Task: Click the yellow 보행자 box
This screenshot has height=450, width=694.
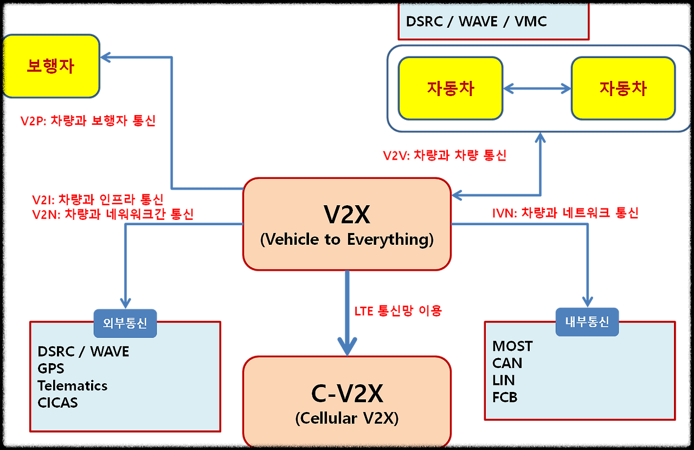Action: point(52,66)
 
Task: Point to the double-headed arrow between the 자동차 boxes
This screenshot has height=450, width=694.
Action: point(537,88)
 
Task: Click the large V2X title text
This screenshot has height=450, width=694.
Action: point(347,216)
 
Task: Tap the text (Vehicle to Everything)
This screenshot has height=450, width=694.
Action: point(347,239)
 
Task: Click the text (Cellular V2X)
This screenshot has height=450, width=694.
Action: point(347,418)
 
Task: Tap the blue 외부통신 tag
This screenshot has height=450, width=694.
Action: point(125,323)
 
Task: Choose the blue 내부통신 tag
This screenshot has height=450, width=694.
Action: point(587,321)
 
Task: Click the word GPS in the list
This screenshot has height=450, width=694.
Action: point(51,369)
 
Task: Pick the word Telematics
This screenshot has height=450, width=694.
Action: point(73,386)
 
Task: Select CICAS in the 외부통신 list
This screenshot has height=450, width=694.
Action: point(57,403)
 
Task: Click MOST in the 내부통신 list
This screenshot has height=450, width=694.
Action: point(512,346)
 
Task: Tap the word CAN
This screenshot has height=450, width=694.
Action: point(507,363)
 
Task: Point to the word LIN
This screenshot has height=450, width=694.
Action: point(503,380)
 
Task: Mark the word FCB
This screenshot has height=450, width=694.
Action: point(505,397)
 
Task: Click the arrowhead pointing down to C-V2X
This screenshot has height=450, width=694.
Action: point(347,345)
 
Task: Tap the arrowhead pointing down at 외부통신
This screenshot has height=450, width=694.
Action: point(125,302)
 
